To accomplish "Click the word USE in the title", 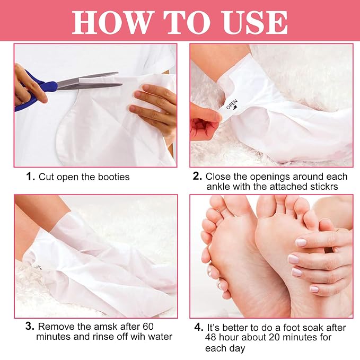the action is click(254, 22).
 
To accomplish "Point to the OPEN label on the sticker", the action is click(232, 104).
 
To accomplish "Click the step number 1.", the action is click(31, 177).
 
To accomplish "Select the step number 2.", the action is click(197, 177).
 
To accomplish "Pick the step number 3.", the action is click(30, 326).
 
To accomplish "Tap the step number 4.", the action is click(199, 328).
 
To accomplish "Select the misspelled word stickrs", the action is click(324, 187).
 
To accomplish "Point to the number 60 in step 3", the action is click(148, 327).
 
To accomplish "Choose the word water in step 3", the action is click(160, 337).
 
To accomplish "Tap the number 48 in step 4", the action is click(211, 338).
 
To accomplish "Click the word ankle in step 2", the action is click(218, 187).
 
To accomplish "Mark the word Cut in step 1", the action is click(47, 177).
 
